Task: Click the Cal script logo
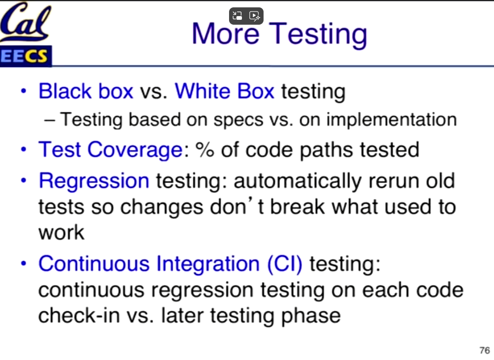(x=25, y=22)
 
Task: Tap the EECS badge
(x=25, y=56)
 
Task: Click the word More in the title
(x=225, y=34)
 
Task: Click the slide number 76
(x=484, y=350)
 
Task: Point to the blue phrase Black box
(x=86, y=91)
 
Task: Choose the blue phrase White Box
(x=224, y=91)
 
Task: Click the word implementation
(x=391, y=120)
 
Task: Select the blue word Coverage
(x=135, y=150)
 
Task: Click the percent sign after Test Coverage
(x=205, y=150)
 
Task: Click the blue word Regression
(x=94, y=181)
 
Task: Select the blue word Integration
(x=208, y=263)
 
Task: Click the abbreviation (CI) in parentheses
(x=285, y=263)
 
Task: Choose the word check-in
(x=79, y=315)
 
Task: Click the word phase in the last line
(x=310, y=316)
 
